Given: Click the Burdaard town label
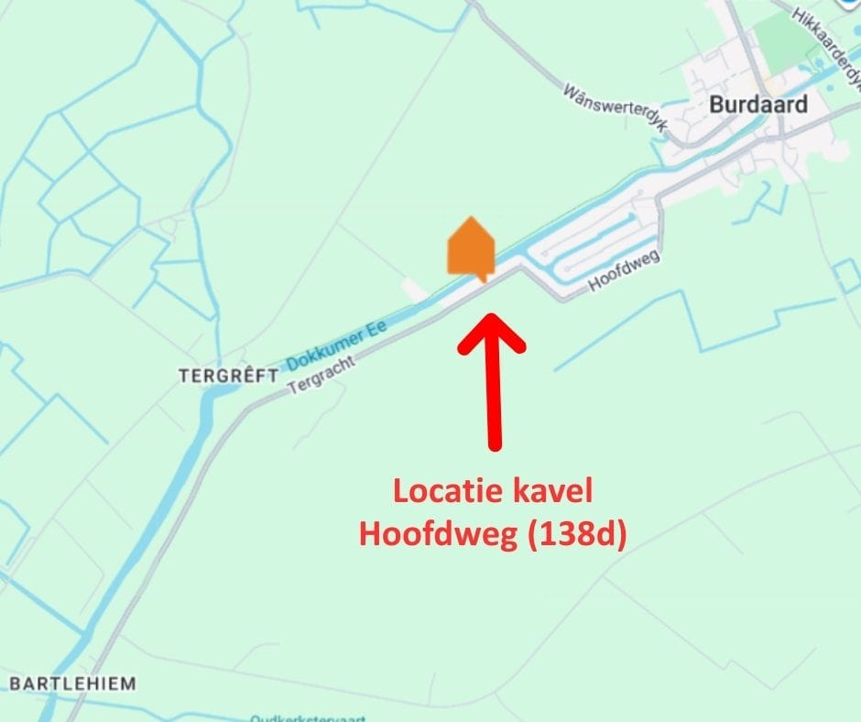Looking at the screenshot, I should click(x=758, y=104).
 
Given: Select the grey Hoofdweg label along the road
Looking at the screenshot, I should click(x=624, y=273).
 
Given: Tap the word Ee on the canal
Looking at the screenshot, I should click(x=376, y=325).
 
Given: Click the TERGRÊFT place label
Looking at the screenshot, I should click(x=228, y=376).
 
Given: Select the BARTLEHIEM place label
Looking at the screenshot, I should click(x=72, y=684).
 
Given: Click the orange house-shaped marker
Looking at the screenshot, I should click(x=471, y=247).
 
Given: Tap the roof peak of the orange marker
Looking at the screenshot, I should click(x=471, y=221).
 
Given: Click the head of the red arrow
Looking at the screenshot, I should click(x=492, y=332).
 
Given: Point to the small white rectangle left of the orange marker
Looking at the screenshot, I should click(x=414, y=290).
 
